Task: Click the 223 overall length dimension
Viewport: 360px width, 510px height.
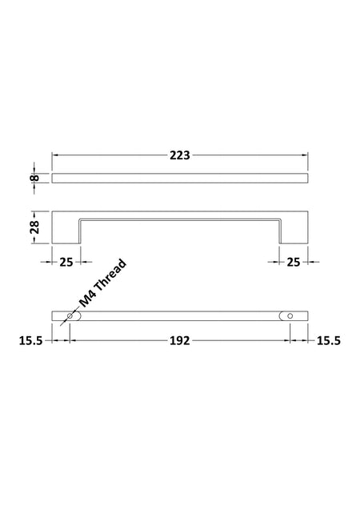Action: click(x=180, y=155)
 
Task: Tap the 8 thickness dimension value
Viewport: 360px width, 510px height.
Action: click(x=35, y=178)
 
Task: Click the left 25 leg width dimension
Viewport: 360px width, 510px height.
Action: click(x=66, y=262)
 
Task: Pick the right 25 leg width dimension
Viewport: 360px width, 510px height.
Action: click(x=294, y=262)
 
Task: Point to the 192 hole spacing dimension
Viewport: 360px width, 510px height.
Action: click(x=180, y=340)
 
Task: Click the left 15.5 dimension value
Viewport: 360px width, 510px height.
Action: click(x=31, y=341)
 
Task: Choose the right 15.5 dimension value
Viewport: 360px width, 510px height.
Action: click(x=329, y=340)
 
